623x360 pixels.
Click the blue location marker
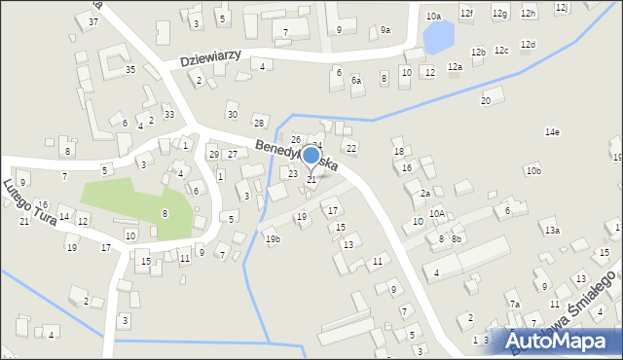pyautogui.click(x=311, y=156)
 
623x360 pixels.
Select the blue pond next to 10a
pyautogui.click(x=438, y=38)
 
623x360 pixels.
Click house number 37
pyautogui.click(x=93, y=21)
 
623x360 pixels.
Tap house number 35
pyautogui.click(x=129, y=69)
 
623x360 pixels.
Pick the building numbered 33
pyautogui.click(x=168, y=115)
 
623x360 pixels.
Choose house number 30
pyautogui.click(x=232, y=114)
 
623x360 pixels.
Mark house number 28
pyautogui.click(x=259, y=122)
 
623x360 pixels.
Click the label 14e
pyautogui.click(x=552, y=131)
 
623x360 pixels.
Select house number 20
pyautogui.click(x=486, y=100)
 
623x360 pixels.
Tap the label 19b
pyautogui.click(x=273, y=239)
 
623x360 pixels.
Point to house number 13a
pyautogui.click(x=552, y=231)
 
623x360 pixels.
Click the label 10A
pyautogui.click(x=438, y=214)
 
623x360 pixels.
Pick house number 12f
pyautogui.click(x=467, y=13)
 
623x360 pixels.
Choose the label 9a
pyautogui.click(x=385, y=30)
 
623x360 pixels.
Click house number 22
pyautogui.click(x=351, y=148)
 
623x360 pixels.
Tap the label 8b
pyautogui.click(x=457, y=239)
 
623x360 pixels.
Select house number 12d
pyautogui.click(x=528, y=45)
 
